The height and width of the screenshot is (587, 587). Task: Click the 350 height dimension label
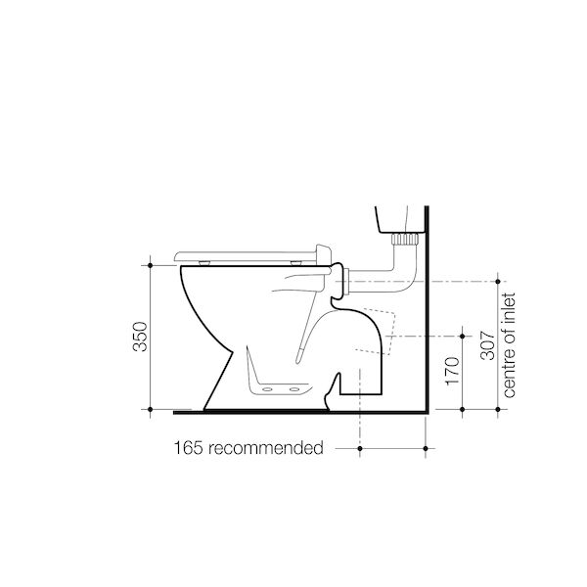(x=140, y=337)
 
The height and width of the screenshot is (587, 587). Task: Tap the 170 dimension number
(x=452, y=371)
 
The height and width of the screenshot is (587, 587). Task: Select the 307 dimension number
(x=487, y=345)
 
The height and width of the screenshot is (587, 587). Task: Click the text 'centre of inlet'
(x=509, y=345)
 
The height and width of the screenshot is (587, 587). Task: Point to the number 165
(x=189, y=448)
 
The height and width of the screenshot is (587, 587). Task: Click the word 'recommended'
(x=266, y=448)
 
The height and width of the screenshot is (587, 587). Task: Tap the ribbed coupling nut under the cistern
(x=405, y=239)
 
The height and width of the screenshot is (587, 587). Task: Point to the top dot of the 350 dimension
(x=151, y=265)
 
